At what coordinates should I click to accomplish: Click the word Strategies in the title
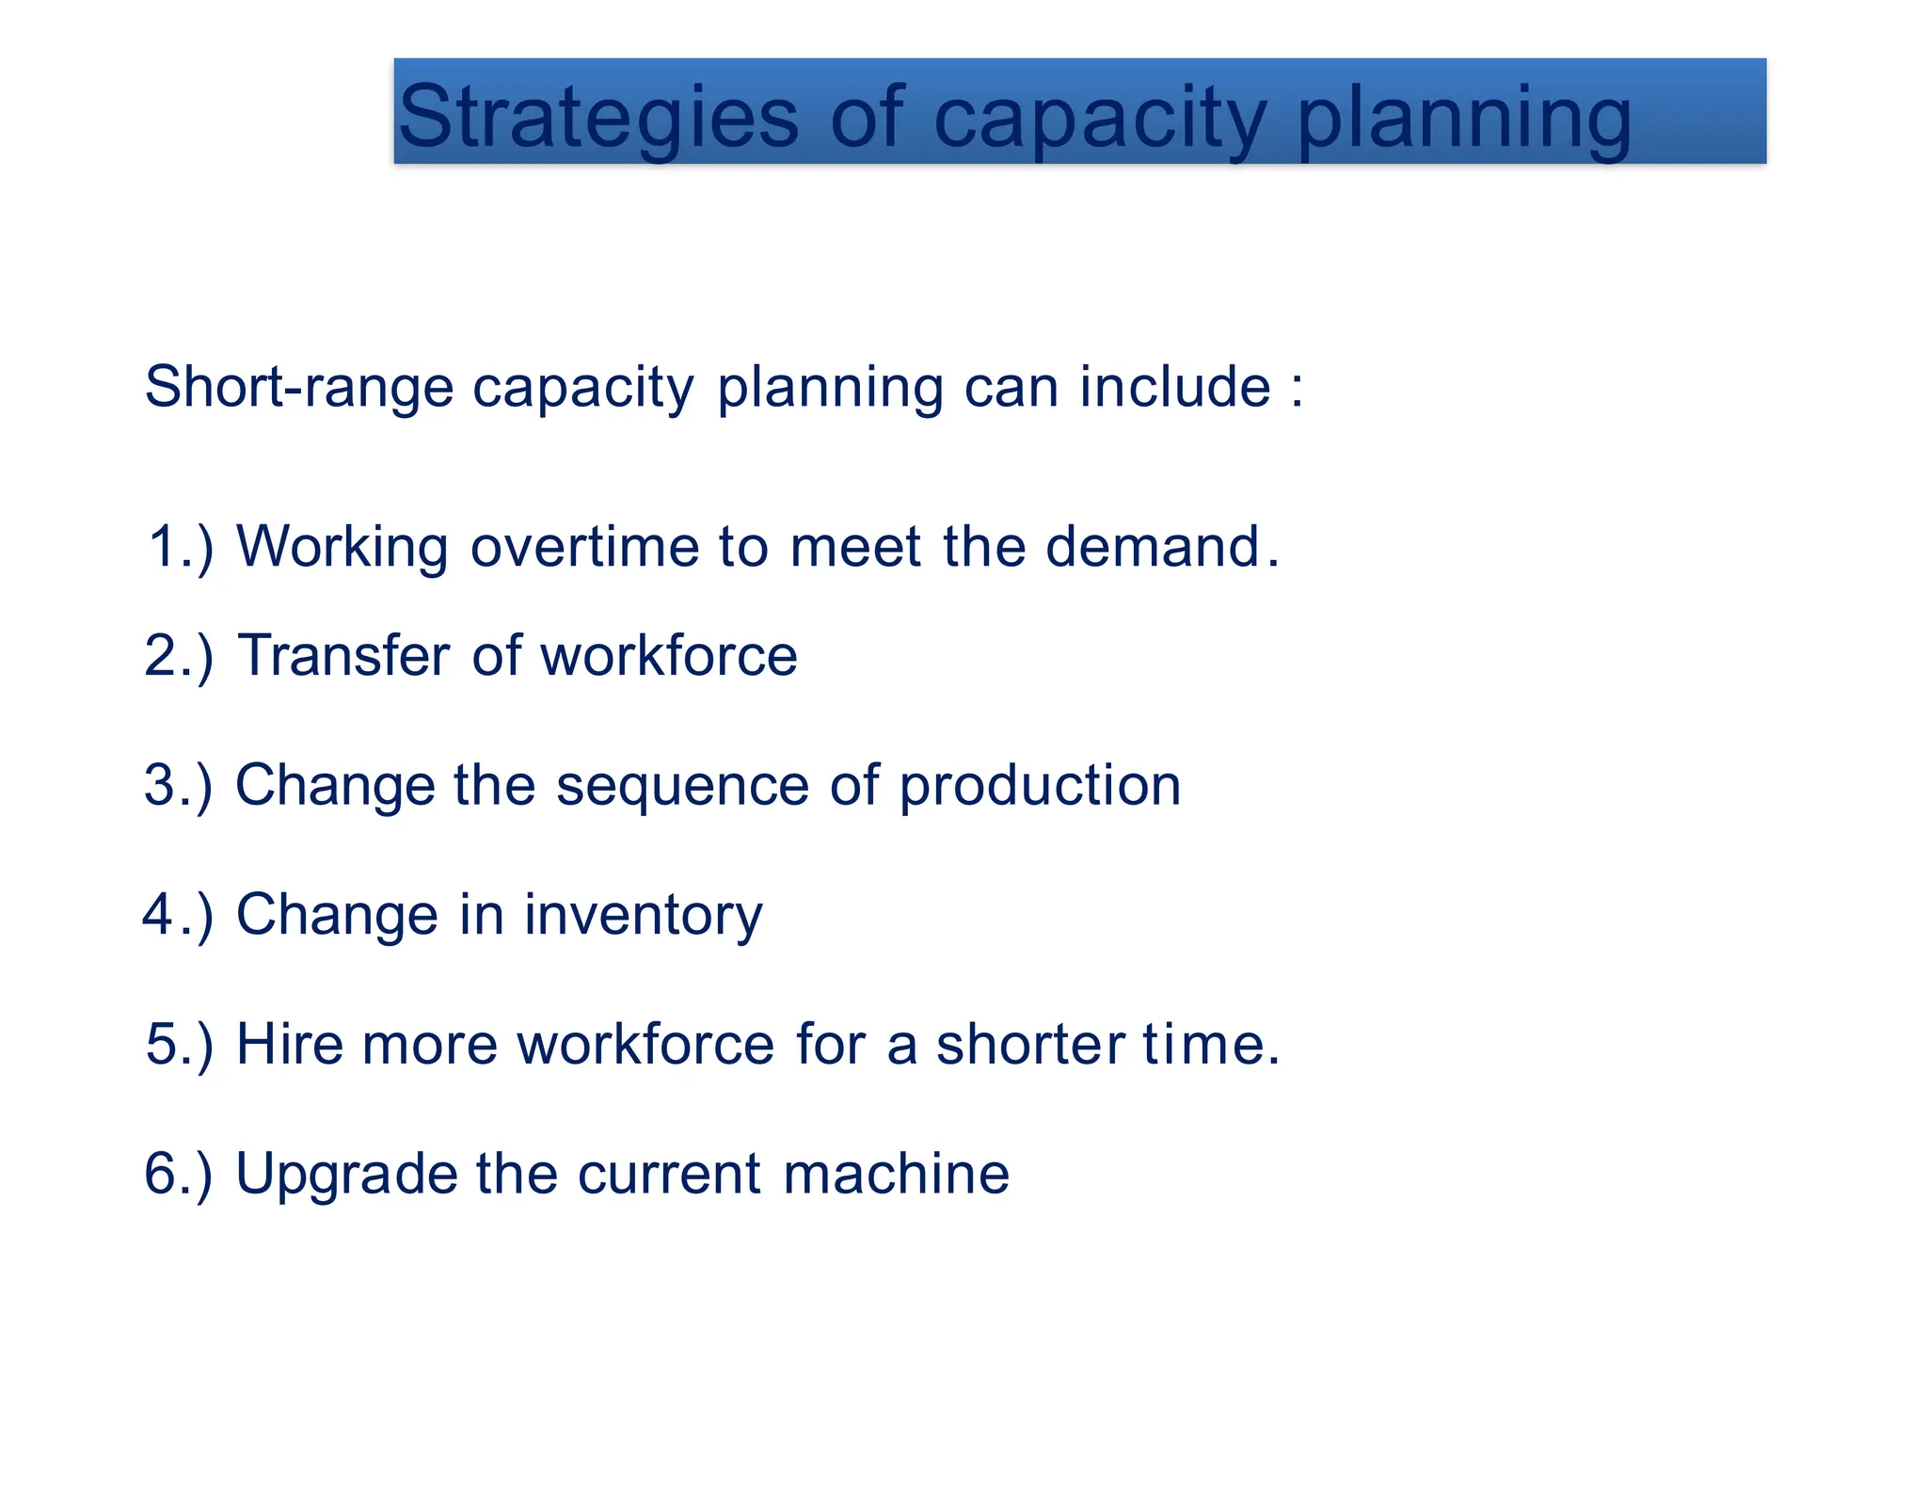[598, 117]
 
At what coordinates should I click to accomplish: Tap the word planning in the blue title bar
[1464, 117]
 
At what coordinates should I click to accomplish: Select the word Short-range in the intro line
[299, 387]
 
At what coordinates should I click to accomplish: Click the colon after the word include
[1298, 389]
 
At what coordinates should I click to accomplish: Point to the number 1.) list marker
[181, 547]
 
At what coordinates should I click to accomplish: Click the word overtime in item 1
[584, 547]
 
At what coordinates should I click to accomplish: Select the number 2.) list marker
[179, 655]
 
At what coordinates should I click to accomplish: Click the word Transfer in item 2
[343, 655]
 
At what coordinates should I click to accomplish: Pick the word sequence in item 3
[682, 786]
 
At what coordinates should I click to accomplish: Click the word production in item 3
[1040, 786]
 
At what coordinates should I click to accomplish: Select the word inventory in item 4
[643, 915]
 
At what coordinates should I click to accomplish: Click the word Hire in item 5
[289, 1044]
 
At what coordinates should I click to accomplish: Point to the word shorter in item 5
[1030, 1044]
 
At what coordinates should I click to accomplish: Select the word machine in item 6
[896, 1174]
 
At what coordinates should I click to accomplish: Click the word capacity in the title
[1099, 117]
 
